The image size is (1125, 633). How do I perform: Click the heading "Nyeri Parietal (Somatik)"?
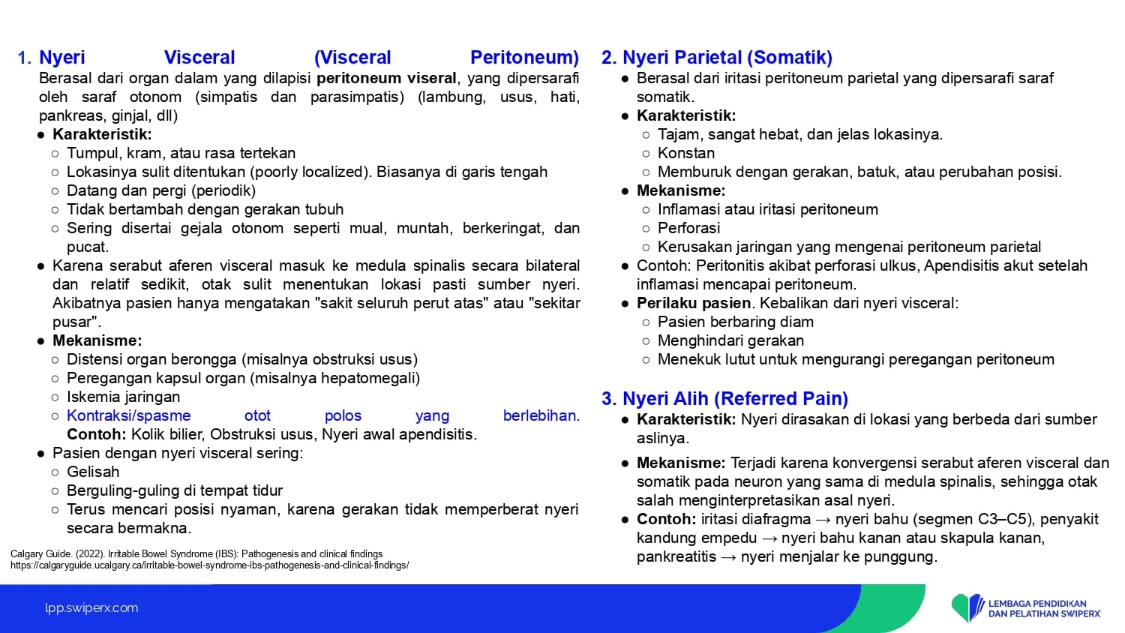[x=727, y=57]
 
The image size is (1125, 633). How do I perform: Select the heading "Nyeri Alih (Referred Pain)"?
[x=735, y=398]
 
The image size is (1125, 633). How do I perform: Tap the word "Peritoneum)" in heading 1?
[x=524, y=57]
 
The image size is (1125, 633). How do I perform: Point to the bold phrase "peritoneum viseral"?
[x=386, y=78]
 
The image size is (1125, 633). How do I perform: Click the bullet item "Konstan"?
[x=686, y=153]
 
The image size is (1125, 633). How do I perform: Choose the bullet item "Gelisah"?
[x=93, y=472]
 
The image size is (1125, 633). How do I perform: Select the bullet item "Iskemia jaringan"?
[x=123, y=397]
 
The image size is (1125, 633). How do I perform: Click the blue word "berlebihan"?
[x=539, y=416]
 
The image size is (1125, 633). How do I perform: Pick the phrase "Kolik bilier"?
[x=166, y=434]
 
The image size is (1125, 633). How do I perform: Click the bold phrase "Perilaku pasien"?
[x=694, y=304]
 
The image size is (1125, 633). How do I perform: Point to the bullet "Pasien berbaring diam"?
[x=736, y=322]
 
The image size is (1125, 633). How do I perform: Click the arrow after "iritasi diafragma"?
[x=823, y=520]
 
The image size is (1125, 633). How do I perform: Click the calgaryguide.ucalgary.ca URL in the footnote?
[x=210, y=565]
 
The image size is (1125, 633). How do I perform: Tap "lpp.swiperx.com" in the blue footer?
[x=91, y=608]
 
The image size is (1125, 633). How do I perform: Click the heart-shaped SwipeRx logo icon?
[x=967, y=607]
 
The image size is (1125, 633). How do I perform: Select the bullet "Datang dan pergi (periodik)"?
[x=161, y=191]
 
